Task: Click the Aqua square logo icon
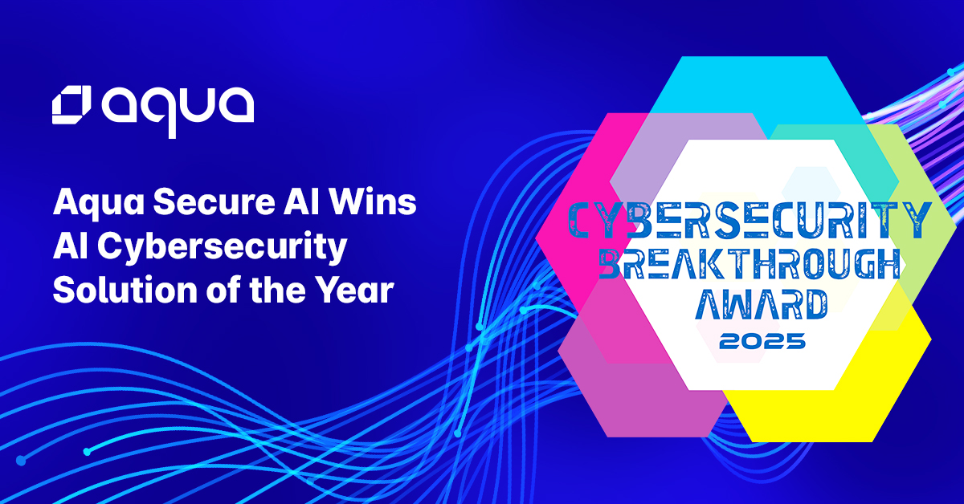click(x=71, y=105)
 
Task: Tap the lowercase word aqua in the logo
click(x=178, y=112)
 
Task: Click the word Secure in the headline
click(x=214, y=201)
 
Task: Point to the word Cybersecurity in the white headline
click(x=222, y=247)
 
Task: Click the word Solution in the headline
click(x=125, y=290)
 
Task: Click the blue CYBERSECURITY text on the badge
click(x=750, y=220)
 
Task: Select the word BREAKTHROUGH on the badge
click(x=750, y=264)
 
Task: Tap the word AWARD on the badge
click(x=762, y=304)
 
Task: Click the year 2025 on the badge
click(x=762, y=341)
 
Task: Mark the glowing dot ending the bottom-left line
click(x=21, y=461)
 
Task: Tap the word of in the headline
click(x=223, y=290)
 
